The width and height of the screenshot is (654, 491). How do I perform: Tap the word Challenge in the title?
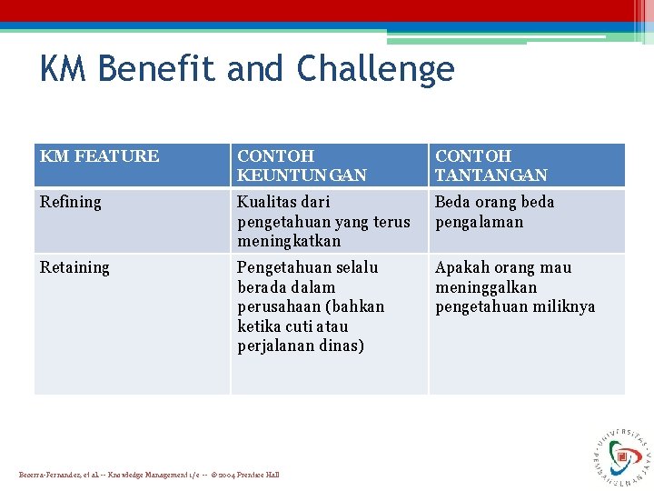tap(375, 70)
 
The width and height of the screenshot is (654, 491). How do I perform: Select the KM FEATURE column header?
tap(99, 156)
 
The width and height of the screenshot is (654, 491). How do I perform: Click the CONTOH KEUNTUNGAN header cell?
tap(302, 165)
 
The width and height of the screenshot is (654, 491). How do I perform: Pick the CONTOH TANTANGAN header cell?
tap(491, 165)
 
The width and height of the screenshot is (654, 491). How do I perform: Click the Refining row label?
tap(71, 202)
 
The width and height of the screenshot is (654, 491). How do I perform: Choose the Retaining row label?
tap(74, 267)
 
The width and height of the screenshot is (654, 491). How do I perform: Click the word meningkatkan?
tap(289, 241)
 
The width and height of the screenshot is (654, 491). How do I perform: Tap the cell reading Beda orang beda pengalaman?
tap(494, 212)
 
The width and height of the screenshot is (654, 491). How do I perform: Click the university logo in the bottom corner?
tap(621, 452)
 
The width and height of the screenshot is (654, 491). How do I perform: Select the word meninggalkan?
tap(486, 287)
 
